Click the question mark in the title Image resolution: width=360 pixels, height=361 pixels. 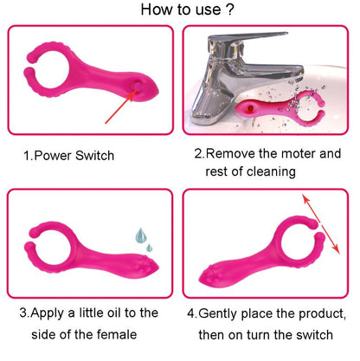click(229, 10)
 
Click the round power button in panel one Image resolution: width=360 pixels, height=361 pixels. click(138, 86)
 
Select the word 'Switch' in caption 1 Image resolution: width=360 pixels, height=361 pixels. click(94, 156)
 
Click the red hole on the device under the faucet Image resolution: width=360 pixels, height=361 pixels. click(250, 108)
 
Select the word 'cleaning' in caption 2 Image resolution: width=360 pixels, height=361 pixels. click(271, 171)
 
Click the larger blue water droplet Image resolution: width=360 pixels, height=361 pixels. click(141, 235)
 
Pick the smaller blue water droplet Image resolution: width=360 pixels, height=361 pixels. click(149, 248)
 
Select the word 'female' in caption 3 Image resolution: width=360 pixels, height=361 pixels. click(117, 334)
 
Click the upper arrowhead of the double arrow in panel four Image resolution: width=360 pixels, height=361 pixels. click(305, 199)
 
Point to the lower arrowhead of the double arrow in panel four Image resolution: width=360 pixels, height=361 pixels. click(336, 250)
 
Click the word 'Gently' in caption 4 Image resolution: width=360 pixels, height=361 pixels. click(217, 313)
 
